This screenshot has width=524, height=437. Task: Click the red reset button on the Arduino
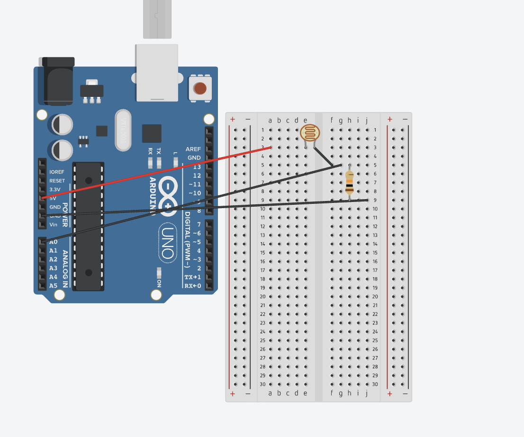click(x=200, y=88)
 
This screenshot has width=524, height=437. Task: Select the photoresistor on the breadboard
click(x=310, y=133)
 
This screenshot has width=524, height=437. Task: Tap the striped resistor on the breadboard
click(x=350, y=183)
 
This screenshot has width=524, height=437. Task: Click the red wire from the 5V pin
click(x=156, y=173)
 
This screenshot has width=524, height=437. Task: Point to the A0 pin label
click(x=53, y=242)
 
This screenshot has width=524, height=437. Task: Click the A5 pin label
click(x=53, y=286)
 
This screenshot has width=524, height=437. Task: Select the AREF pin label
click(x=193, y=149)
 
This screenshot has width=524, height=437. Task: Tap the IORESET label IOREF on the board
click(x=57, y=172)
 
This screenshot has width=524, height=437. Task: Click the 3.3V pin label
click(x=55, y=189)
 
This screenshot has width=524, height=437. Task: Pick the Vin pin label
click(x=54, y=224)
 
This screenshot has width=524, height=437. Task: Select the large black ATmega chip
click(x=88, y=226)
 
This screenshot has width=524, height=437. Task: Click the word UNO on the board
click(x=167, y=243)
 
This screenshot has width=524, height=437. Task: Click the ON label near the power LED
click(x=159, y=283)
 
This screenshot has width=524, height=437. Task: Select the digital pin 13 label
click(x=197, y=167)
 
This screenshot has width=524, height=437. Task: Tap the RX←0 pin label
click(x=193, y=286)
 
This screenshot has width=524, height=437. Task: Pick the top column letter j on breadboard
click(x=367, y=120)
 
